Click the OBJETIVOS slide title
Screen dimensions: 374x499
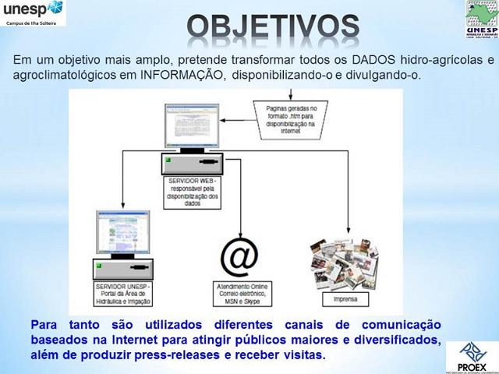coord(274,27)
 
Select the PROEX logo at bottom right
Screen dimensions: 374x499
coord(471,355)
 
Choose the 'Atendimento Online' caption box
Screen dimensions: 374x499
coord(240,295)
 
